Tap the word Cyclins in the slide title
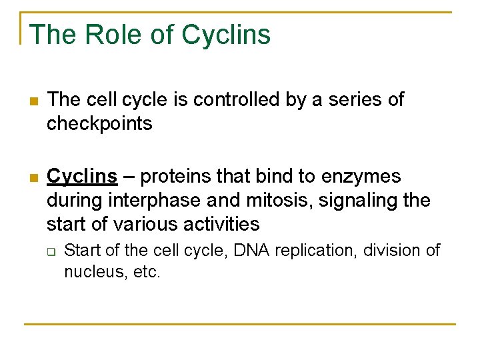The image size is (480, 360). [226, 35]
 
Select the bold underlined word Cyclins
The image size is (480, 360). [83, 177]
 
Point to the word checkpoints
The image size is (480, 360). [99, 124]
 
